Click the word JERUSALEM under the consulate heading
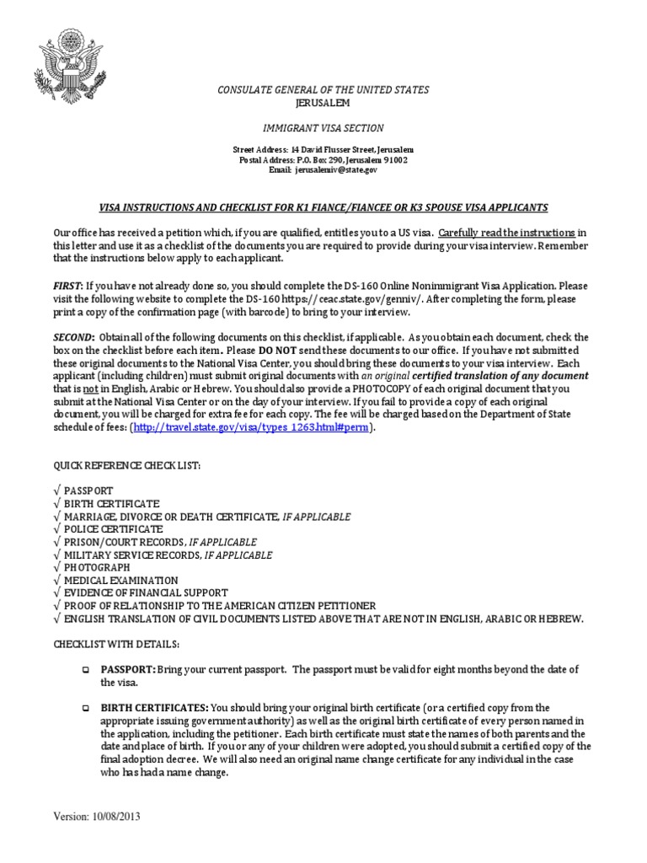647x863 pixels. [323, 103]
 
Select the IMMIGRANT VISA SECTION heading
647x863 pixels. [323, 128]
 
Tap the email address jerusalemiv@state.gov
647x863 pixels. [336, 169]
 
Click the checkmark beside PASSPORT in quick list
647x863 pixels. [56, 490]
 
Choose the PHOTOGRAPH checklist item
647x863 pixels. [98, 567]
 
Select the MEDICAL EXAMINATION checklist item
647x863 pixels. [121, 581]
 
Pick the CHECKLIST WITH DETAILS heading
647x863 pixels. [116, 645]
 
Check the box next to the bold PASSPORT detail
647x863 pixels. [85, 670]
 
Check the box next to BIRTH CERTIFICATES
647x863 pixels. [85, 709]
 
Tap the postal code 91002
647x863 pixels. [393, 159]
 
